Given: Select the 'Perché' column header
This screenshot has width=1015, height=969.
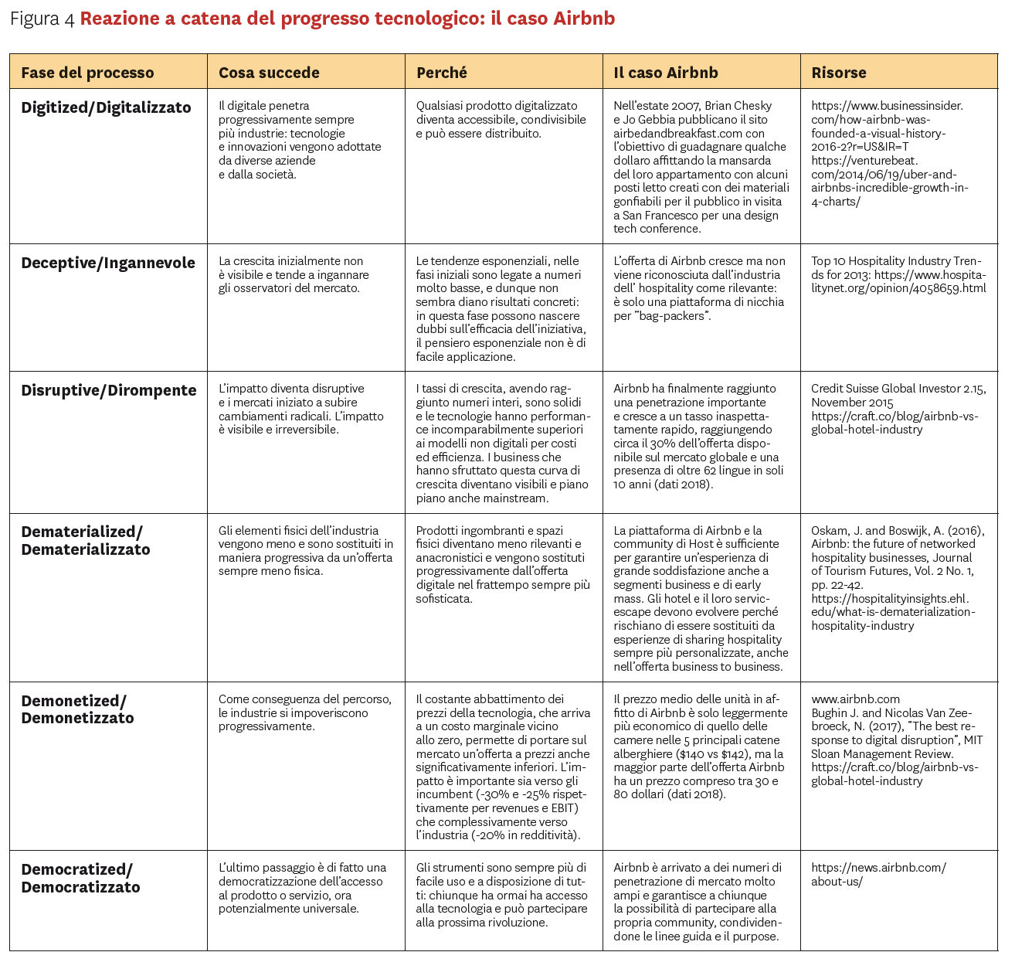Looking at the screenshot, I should coord(442,73).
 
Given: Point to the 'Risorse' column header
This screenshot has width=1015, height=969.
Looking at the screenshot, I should coord(839,73).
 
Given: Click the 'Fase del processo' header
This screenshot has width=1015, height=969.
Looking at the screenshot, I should coord(87,73).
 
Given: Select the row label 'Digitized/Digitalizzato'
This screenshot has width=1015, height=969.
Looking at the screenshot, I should coord(106,107).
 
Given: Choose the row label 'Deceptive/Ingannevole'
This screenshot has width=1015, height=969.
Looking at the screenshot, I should coord(108,263).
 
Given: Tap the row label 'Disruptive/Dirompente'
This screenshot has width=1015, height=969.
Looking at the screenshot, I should coord(109,390).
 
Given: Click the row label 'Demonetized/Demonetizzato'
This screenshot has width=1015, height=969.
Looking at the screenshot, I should coord(77,709).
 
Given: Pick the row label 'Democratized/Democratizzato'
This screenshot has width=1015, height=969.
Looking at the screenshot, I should coord(80,878).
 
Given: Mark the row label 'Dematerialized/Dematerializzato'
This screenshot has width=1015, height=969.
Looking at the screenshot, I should coord(86,540).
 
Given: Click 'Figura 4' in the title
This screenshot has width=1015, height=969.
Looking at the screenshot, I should coord(42,19).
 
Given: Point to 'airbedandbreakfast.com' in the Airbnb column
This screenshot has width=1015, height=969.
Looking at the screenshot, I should coord(677,133).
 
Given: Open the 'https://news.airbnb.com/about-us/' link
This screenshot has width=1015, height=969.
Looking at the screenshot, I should coord(878,875).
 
